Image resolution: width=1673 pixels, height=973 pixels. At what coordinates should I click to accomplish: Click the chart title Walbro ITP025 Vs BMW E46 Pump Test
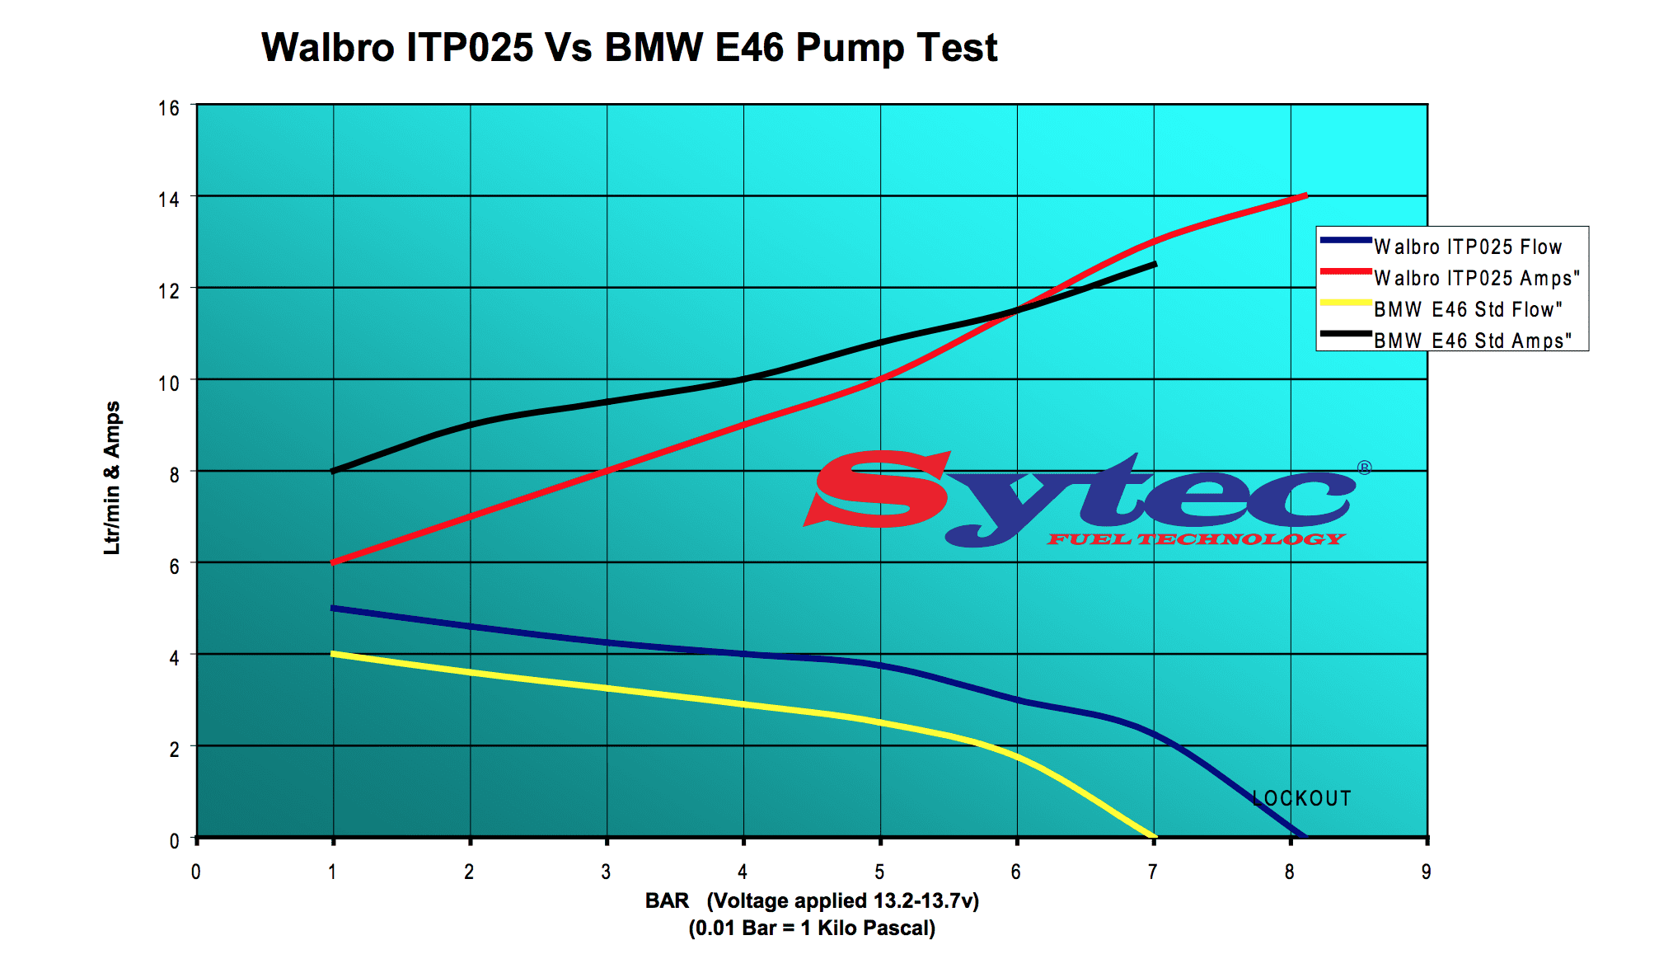click(x=629, y=48)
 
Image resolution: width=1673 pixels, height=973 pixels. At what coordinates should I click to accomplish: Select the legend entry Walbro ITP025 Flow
click(x=1467, y=247)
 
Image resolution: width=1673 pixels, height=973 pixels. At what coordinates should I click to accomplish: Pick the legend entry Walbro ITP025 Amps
click(x=1476, y=278)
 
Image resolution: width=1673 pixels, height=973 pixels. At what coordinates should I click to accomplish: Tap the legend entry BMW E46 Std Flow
click(x=1468, y=309)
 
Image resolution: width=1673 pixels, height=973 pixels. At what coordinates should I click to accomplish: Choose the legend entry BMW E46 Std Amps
click(x=1472, y=341)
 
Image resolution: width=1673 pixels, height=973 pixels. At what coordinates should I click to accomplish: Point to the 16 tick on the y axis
click(x=169, y=109)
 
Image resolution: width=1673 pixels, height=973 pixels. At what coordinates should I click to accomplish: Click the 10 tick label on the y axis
click(x=169, y=383)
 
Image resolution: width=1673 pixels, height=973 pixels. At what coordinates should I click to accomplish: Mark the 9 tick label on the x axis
click(x=1426, y=872)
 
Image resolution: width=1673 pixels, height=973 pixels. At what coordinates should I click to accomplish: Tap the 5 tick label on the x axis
click(x=879, y=872)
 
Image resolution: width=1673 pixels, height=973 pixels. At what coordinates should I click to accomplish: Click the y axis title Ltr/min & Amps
click(x=112, y=478)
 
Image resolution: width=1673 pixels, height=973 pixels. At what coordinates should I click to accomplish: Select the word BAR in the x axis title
click(x=667, y=900)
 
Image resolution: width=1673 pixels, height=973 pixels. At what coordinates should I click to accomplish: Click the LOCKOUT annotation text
click(x=1301, y=798)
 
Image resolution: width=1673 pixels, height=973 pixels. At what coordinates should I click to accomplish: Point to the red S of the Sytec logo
click(x=878, y=490)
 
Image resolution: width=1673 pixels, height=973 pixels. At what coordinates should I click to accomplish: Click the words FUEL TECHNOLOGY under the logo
click(x=1196, y=539)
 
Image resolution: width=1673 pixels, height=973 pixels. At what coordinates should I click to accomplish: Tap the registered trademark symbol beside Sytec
click(x=1364, y=468)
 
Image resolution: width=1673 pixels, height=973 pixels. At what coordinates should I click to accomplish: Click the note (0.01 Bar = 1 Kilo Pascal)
click(x=812, y=928)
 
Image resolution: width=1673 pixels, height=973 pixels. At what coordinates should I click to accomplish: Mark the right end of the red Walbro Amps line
click(x=1305, y=196)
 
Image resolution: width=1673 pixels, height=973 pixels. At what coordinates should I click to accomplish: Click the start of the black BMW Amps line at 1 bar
click(x=334, y=471)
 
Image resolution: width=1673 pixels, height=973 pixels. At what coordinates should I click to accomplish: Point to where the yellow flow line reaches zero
click(x=1152, y=836)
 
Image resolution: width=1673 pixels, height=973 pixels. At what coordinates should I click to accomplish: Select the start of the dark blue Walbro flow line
click(x=334, y=609)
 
